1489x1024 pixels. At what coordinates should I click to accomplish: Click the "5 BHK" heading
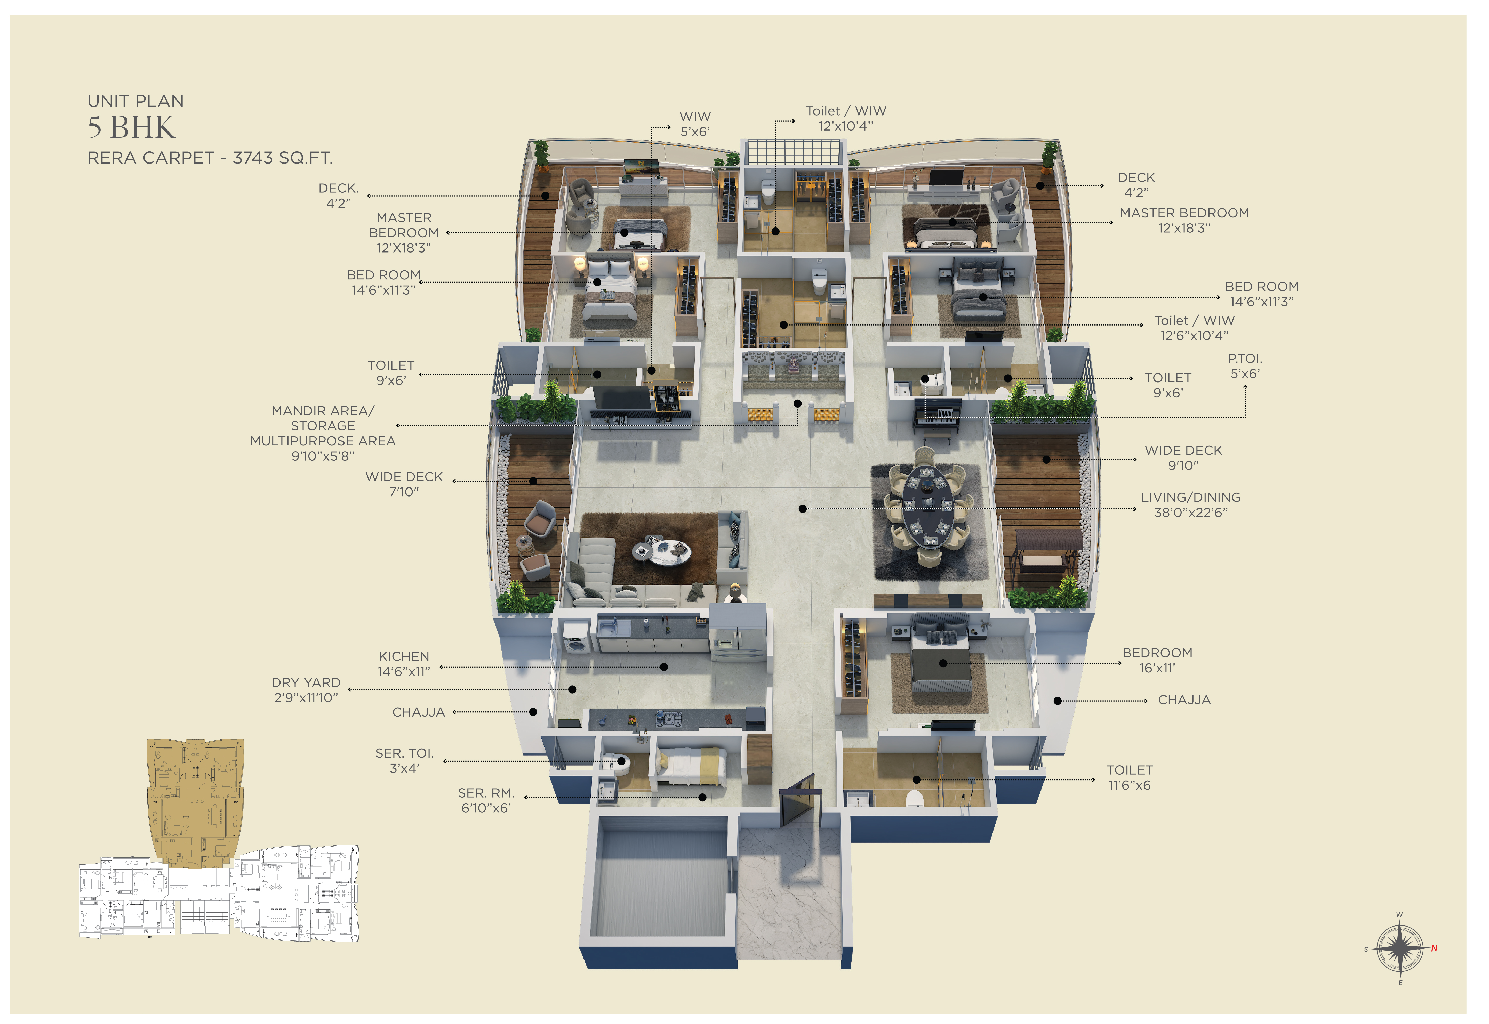click(x=131, y=128)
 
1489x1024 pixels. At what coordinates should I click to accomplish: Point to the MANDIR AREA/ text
click(x=323, y=411)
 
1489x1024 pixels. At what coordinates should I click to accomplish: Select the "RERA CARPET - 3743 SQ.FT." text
click(x=210, y=158)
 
